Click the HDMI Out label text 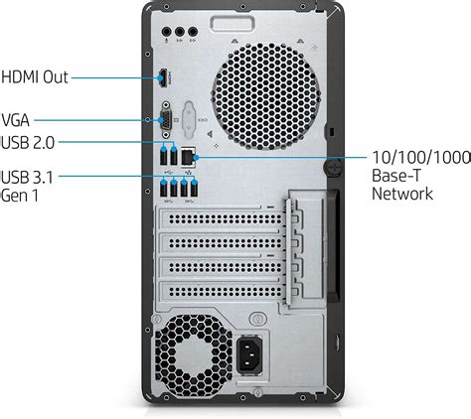[35, 75]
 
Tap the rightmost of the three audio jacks [195, 32]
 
